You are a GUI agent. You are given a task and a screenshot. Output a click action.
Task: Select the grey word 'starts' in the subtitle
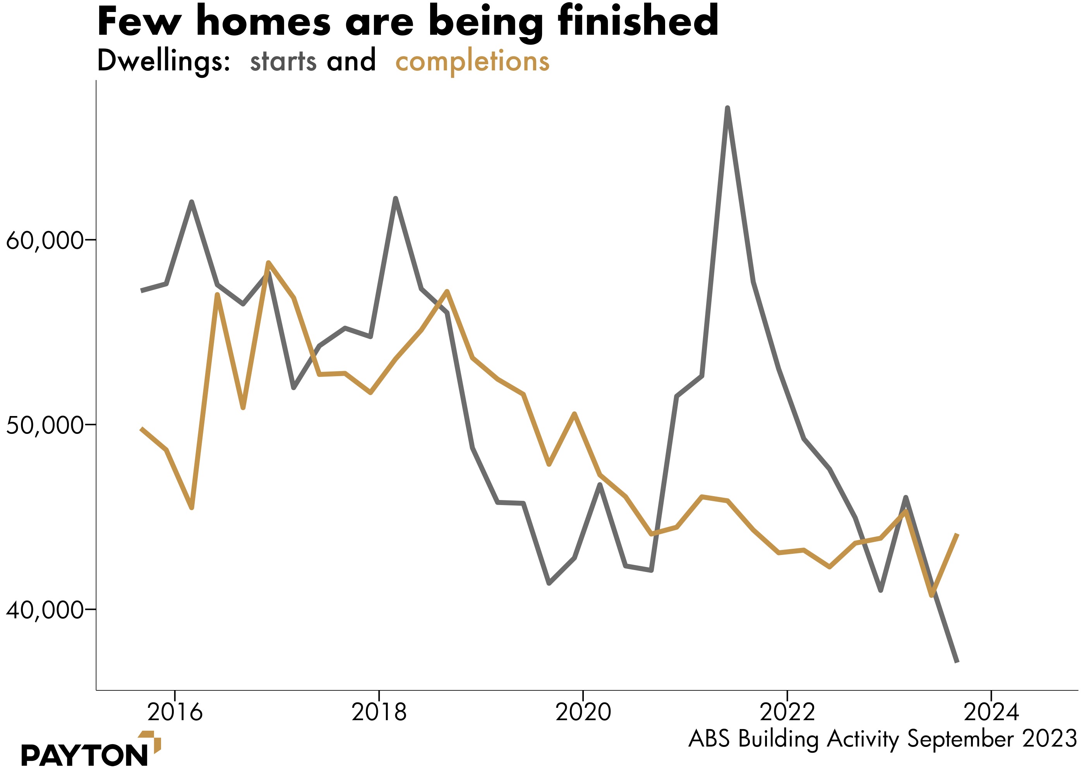tap(283, 62)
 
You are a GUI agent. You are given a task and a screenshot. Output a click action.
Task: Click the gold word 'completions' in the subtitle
tap(472, 62)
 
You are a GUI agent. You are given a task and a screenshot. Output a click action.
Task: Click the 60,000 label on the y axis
tap(45, 240)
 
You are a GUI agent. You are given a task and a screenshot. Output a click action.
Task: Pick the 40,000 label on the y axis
tap(45, 610)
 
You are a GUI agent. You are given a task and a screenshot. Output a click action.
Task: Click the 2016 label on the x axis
tap(175, 712)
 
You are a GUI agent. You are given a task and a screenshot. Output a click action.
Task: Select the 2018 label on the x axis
tap(379, 712)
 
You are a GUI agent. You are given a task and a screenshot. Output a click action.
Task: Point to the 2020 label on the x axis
tap(583, 712)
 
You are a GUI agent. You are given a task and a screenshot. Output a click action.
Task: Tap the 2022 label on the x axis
tap(787, 712)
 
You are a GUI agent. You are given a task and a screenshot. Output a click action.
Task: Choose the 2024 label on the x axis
tap(991, 712)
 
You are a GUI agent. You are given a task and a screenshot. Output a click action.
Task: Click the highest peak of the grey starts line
tap(727, 109)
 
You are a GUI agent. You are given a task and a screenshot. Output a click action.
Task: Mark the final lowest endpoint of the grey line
tap(957, 661)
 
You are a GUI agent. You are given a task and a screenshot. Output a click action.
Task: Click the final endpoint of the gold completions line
tap(957, 535)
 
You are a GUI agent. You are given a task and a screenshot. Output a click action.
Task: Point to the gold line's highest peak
tap(268, 263)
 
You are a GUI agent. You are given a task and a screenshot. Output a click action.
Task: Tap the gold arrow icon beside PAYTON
tap(152, 741)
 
